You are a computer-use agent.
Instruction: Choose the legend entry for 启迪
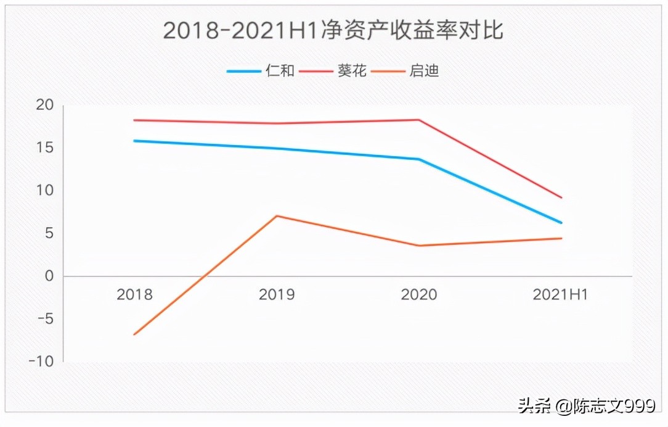[406, 71]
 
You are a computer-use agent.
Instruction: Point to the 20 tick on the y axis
[44, 105]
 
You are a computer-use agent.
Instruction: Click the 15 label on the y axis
[44, 148]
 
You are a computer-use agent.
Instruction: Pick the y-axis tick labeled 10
[44, 191]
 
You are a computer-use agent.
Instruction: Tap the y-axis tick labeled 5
[48, 233]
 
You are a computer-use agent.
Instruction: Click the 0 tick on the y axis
[49, 276]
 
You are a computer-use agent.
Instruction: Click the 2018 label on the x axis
[134, 294]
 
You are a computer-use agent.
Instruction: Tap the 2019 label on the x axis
[277, 294]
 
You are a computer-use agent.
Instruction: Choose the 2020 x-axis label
[419, 294]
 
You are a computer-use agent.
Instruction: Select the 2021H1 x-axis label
[560, 294]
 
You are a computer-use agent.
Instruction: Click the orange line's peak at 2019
[277, 216]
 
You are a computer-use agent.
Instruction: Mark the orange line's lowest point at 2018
[134, 334]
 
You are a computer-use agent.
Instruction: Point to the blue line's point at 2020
[419, 159]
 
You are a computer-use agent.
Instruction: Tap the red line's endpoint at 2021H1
[561, 197]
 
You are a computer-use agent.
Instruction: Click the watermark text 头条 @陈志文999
[586, 405]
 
